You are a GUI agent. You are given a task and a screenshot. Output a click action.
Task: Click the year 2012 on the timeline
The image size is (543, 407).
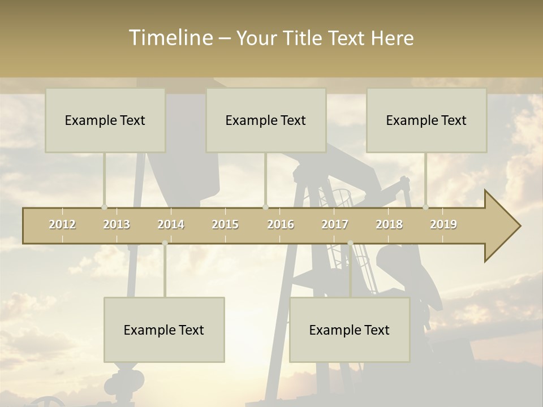click(x=62, y=224)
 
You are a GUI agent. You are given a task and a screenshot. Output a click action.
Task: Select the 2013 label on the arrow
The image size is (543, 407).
click(x=117, y=224)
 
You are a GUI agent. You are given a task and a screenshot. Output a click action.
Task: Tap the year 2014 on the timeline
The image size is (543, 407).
click(x=171, y=224)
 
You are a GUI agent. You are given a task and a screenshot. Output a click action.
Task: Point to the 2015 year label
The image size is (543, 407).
click(x=225, y=224)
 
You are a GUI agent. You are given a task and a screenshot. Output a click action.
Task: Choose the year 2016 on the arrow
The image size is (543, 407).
click(x=281, y=224)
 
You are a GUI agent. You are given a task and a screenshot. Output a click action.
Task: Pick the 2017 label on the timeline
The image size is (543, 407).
click(x=335, y=224)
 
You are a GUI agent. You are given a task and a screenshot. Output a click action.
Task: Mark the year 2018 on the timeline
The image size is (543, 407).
click(x=389, y=224)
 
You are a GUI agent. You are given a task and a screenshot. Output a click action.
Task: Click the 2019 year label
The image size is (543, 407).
click(x=443, y=224)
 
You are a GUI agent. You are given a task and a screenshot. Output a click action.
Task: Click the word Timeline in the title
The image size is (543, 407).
click(x=170, y=38)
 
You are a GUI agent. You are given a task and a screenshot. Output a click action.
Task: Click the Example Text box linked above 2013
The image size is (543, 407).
click(x=105, y=120)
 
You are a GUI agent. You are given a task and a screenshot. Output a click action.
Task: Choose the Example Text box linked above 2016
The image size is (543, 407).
click(x=266, y=120)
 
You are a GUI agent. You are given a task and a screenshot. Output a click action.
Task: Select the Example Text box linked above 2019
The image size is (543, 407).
click(x=426, y=120)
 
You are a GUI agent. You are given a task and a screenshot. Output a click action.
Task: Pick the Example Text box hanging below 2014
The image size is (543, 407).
click(x=164, y=330)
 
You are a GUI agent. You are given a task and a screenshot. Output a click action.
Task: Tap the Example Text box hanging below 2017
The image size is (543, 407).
click(x=350, y=330)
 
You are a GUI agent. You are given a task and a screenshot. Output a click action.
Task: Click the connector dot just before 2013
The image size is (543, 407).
click(x=104, y=207)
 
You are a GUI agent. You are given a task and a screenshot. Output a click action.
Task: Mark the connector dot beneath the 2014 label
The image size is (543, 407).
click(x=165, y=243)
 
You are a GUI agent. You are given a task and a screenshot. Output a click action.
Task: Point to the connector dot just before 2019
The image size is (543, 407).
click(x=425, y=207)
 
